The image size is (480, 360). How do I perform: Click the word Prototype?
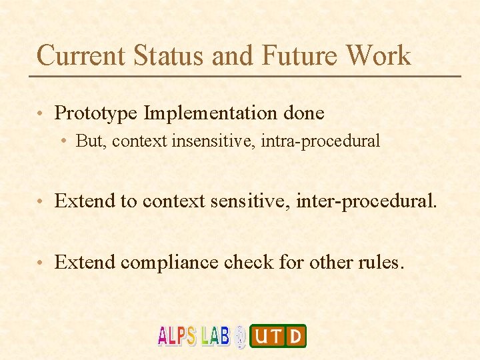pyautogui.click(x=97, y=113)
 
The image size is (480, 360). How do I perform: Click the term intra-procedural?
pyautogui.click(x=329, y=141)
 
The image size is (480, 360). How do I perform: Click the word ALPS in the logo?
pyautogui.click(x=177, y=336)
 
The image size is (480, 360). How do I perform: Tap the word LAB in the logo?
pyautogui.click(x=215, y=335)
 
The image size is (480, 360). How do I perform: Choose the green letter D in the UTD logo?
pyautogui.click(x=296, y=336)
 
